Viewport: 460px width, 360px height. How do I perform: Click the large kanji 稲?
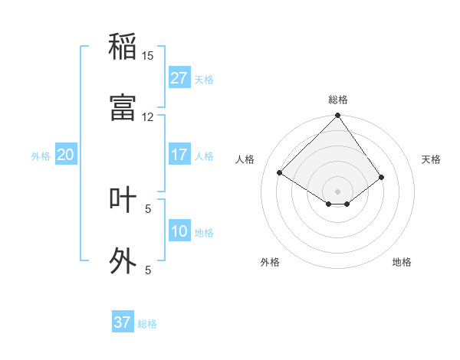tap(123, 47)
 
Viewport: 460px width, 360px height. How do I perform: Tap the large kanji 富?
tap(123, 107)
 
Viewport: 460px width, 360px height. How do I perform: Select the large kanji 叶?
tap(123, 199)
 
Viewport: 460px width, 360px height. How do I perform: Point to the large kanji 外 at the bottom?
tap(123, 260)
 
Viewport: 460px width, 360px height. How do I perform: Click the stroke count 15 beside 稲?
tap(148, 56)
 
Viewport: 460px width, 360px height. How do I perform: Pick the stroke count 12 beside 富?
tap(148, 117)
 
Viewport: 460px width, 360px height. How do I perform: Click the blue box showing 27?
tap(179, 78)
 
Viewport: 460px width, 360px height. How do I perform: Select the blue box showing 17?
tap(179, 155)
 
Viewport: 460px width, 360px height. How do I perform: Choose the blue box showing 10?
tap(179, 231)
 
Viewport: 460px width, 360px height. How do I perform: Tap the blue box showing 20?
tap(66, 155)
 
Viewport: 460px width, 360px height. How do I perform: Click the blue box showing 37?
tap(123, 322)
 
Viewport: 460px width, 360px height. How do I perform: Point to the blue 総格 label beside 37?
tap(147, 324)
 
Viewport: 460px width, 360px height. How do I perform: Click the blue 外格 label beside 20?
tap(41, 156)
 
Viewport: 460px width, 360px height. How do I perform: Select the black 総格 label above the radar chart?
tap(338, 100)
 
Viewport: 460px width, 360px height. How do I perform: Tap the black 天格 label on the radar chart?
tap(431, 159)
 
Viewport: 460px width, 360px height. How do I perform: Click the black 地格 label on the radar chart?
tap(402, 262)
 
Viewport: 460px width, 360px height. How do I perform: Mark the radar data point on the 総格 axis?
tap(337, 116)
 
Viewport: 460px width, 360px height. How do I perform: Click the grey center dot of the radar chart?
tap(337, 191)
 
